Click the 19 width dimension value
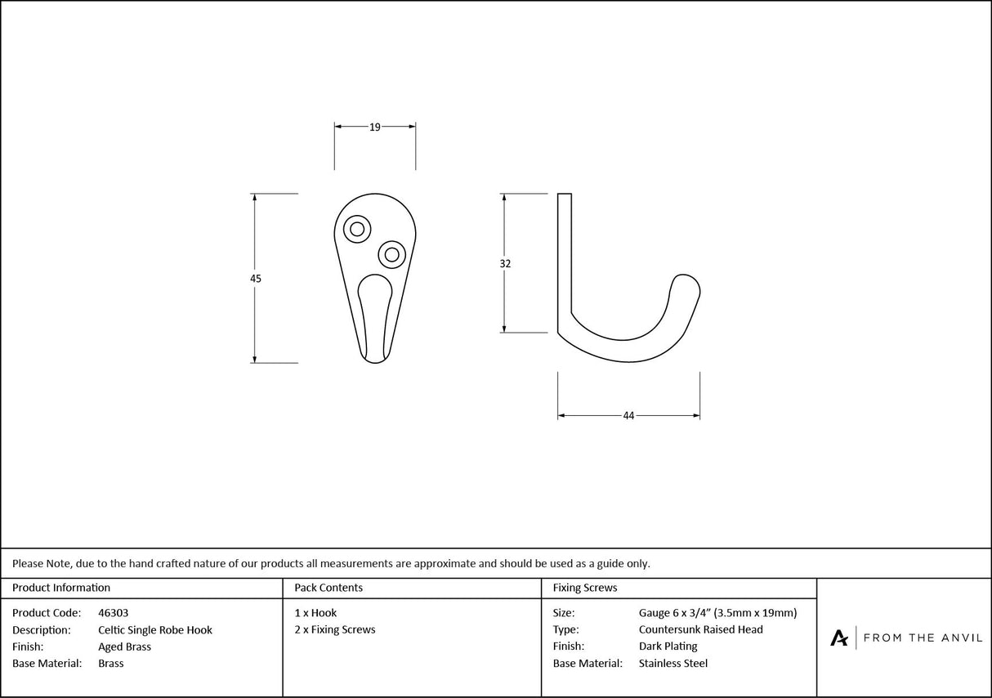pos(375,127)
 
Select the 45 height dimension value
pos(256,279)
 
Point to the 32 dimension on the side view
pos(505,264)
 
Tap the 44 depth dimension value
pos(628,416)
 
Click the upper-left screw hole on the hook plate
pos(357,229)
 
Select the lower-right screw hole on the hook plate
pos(392,254)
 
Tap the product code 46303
pos(113,613)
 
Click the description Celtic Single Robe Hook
pos(155,630)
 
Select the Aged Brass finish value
pos(124,647)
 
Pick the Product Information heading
pos(61,588)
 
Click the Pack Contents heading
pos(328,588)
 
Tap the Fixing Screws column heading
pos(585,588)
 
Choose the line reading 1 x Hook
pos(315,613)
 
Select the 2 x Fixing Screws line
pos(335,630)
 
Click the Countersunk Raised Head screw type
pos(701,630)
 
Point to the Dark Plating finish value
pos(668,647)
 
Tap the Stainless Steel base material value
pos(673,664)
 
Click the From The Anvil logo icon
pos(839,638)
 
